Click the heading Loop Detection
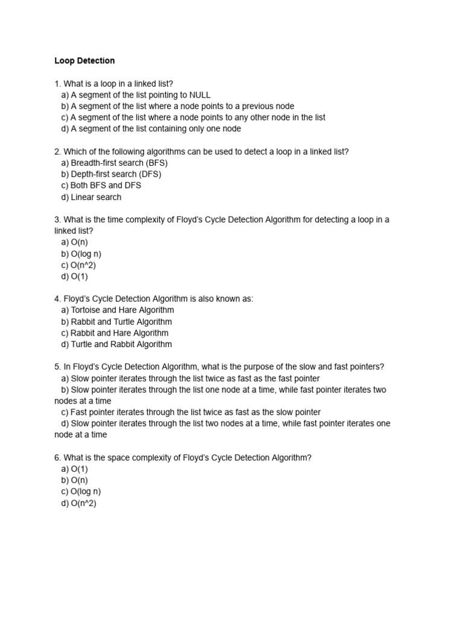click(84, 61)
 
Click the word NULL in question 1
click(200, 95)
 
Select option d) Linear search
click(91, 197)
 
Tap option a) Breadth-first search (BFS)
click(114, 163)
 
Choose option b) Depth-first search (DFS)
click(111, 174)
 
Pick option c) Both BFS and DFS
click(101, 186)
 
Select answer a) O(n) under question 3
click(74, 242)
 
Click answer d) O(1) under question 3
click(74, 277)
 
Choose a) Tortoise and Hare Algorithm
click(117, 310)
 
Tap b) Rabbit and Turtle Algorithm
click(116, 322)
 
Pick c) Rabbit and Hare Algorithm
click(115, 333)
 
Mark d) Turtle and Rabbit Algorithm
click(116, 344)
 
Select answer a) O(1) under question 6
click(74, 469)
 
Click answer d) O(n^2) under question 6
click(78, 503)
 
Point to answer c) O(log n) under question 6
click(81, 492)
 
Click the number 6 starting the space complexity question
click(57, 458)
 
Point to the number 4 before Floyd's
click(57, 299)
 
